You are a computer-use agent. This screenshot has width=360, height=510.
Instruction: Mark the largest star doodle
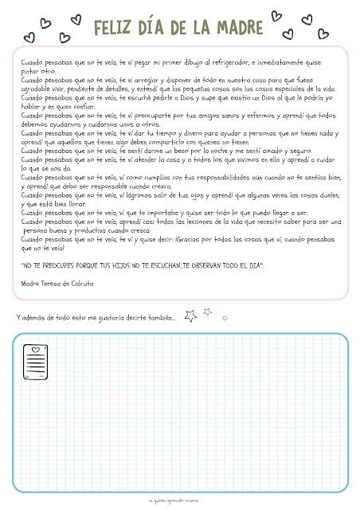click(x=191, y=316)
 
